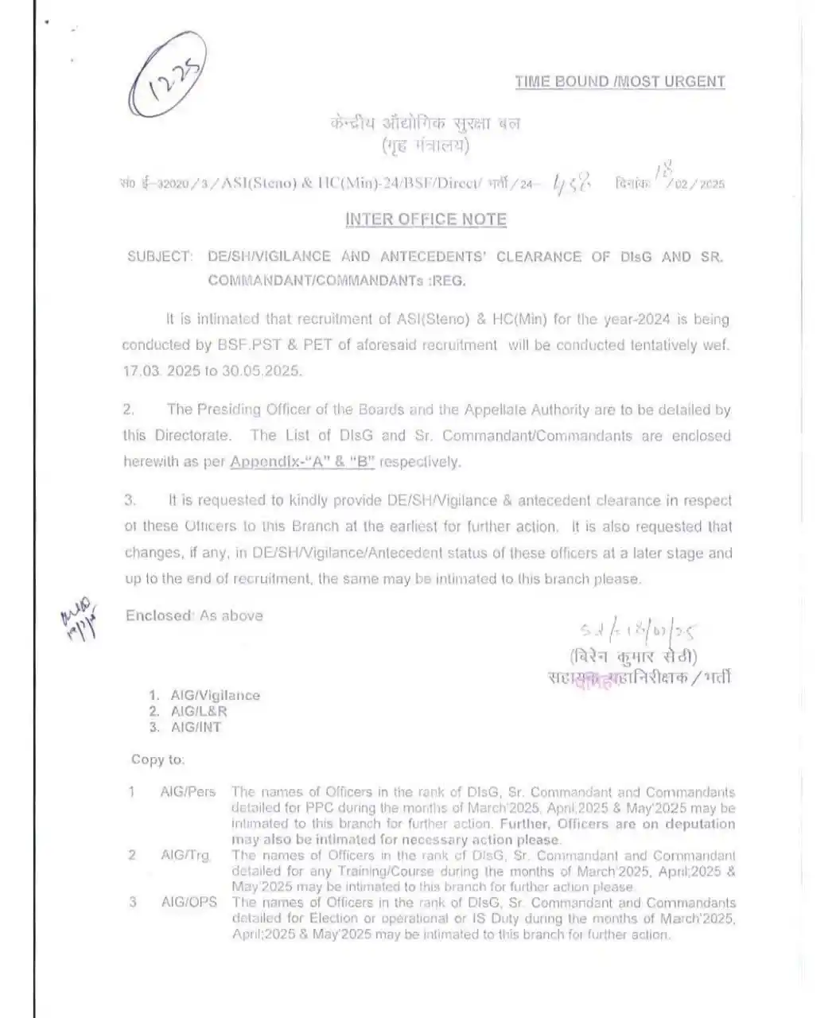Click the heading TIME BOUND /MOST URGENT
tap(620, 81)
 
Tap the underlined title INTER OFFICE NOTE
tap(426, 220)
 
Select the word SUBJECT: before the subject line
tap(159, 257)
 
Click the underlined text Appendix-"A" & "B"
tap(302, 462)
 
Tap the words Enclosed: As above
tap(194, 616)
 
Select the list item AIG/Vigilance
tap(215, 695)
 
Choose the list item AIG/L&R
tap(199, 711)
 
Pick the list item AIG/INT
tap(196, 727)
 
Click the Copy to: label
tap(157, 760)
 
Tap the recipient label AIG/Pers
tap(188, 792)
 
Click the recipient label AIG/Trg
tap(185, 855)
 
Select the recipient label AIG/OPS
tap(189, 903)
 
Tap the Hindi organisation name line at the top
tap(425, 124)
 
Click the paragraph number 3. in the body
tap(130, 501)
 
